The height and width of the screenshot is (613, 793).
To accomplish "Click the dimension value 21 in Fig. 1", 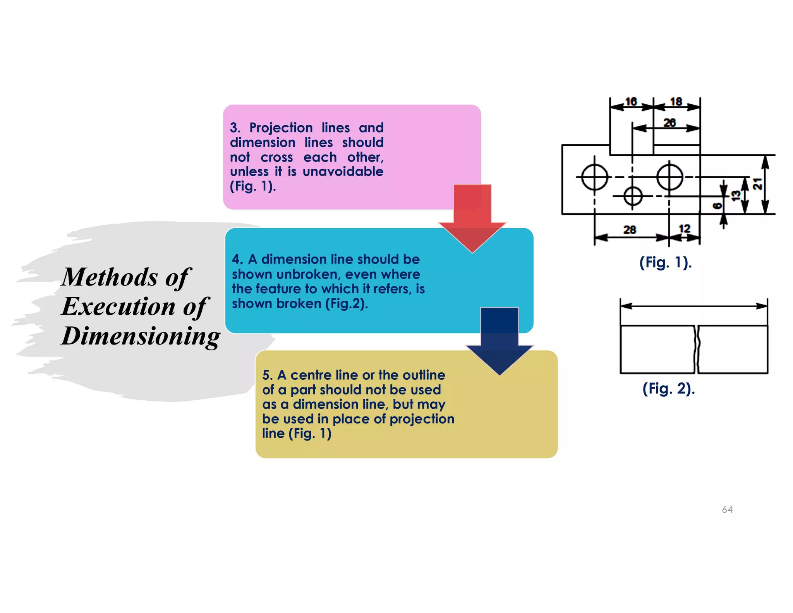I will [x=757, y=184].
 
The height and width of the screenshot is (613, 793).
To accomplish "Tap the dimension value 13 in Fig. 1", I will [x=736, y=195].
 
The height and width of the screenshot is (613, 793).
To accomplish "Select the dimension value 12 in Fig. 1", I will [x=685, y=229].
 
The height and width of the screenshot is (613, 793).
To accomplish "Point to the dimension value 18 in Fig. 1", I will [x=676, y=102].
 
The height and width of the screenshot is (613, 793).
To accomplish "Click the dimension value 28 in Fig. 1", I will [x=630, y=230].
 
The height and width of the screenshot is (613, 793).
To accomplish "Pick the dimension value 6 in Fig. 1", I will [x=717, y=206].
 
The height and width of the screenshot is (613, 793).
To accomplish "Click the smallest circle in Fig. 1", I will [x=633, y=196].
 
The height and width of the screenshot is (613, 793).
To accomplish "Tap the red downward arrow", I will [x=472, y=217].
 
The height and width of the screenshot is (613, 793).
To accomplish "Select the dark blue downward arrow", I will [x=499, y=339].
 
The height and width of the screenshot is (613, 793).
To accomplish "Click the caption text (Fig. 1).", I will [x=665, y=262].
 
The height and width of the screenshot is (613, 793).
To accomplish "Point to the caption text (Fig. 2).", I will [x=668, y=388].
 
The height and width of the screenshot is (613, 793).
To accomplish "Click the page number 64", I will [x=727, y=510].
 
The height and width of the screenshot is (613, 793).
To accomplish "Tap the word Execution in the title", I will [x=118, y=306].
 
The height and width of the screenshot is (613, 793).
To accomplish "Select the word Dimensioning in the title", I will [x=141, y=336].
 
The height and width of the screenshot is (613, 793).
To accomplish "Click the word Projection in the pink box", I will [x=281, y=127].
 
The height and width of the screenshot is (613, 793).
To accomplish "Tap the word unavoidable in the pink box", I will [x=343, y=172].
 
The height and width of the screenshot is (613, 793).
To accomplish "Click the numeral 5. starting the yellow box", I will [x=268, y=375].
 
